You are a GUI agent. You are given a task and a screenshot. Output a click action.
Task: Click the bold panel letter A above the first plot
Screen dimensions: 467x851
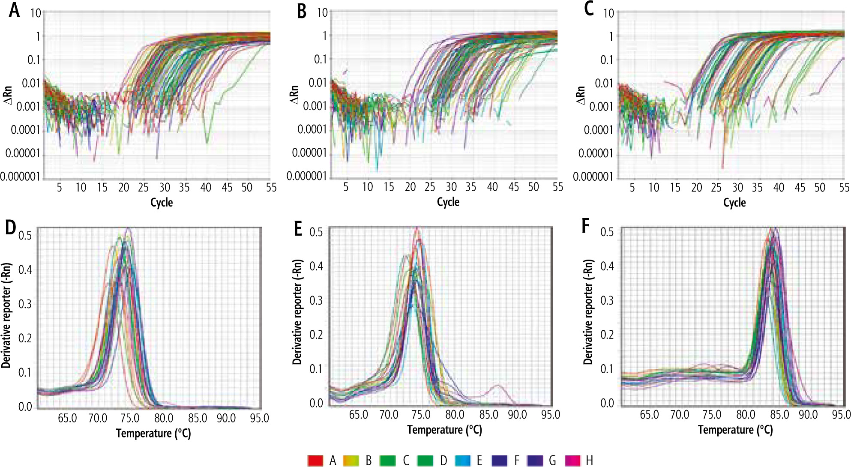pyautogui.click(x=14, y=10)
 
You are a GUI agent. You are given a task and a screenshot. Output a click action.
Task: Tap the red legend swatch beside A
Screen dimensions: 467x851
pyautogui.click(x=315, y=461)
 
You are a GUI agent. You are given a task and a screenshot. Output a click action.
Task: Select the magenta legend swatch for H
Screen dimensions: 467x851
pyautogui.click(x=573, y=461)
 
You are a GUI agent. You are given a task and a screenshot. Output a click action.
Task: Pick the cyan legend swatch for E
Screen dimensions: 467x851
pyautogui.click(x=462, y=461)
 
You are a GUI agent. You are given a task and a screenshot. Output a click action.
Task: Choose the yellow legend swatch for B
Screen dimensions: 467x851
pyautogui.click(x=351, y=461)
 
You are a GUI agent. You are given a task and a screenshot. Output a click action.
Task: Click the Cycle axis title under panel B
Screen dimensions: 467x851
pyautogui.click(x=448, y=202)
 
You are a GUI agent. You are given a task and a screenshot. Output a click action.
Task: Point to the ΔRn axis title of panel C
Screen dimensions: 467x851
pyautogui.click(x=581, y=95)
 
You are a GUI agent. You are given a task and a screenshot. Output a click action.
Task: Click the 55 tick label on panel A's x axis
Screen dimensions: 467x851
pyautogui.click(x=271, y=188)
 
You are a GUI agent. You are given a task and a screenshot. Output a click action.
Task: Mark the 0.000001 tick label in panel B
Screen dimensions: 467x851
pyautogui.click(x=306, y=176)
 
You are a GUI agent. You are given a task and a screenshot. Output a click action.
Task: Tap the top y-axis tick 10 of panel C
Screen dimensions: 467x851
pyautogui.click(x=608, y=13)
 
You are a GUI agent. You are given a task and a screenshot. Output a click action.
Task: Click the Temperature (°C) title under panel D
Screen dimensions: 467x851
pyautogui.click(x=153, y=433)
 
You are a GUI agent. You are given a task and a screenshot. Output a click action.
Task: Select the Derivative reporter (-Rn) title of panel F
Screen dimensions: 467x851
pyautogui.click(x=588, y=311)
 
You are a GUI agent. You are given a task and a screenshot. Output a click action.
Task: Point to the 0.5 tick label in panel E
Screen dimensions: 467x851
pyautogui.click(x=316, y=232)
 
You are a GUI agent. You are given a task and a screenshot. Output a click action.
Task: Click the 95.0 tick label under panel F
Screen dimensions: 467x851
pyautogui.click(x=841, y=415)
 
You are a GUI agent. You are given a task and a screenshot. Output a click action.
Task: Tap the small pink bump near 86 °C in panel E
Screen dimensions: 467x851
pyautogui.click(x=497, y=386)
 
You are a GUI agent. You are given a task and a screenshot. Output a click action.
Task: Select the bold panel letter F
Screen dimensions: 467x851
pyautogui.click(x=586, y=225)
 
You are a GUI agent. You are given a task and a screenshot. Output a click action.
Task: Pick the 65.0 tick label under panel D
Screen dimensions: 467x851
pyautogui.click(x=67, y=418)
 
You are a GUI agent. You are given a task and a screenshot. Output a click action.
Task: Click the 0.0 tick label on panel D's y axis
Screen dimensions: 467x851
pyautogui.click(x=25, y=407)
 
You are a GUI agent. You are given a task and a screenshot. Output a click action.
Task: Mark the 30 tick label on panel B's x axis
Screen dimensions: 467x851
pyautogui.click(x=451, y=187)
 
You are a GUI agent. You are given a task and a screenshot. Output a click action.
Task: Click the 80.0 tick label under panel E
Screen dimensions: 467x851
pyautogui.click(x=455, y=415)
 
